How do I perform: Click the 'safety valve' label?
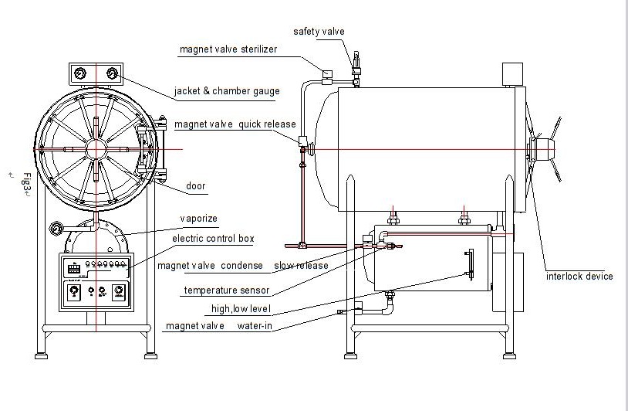tap(319, 32)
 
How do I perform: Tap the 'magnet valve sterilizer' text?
tap(228, 49)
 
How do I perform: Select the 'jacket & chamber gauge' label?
tap(227, 91)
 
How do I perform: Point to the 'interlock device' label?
tap(579, 277)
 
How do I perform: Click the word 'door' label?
tap(195, 186)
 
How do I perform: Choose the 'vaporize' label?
tap(198, 219)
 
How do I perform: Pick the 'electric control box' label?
tap(213, 239)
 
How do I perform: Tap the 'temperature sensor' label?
tap(227, 290)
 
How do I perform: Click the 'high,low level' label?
tap(241, 309)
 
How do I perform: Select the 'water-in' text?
tap(255, 325)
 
